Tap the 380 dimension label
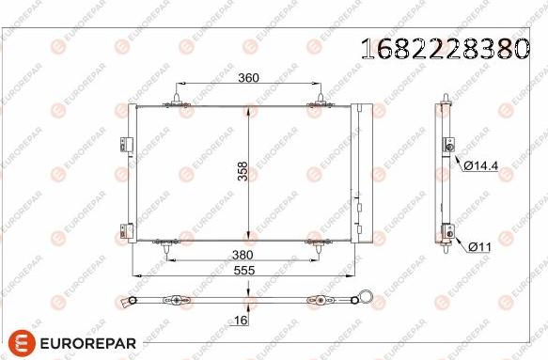[x=243, y=254]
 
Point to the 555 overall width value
[x=244, y=269]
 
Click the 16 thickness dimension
[x=243, y=320]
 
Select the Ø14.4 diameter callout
[x=481, y=164]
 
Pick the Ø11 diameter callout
[x=479, y=246]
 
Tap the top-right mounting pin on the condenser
[x=321, y=97]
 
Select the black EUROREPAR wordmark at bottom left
[x=86, y=343]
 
